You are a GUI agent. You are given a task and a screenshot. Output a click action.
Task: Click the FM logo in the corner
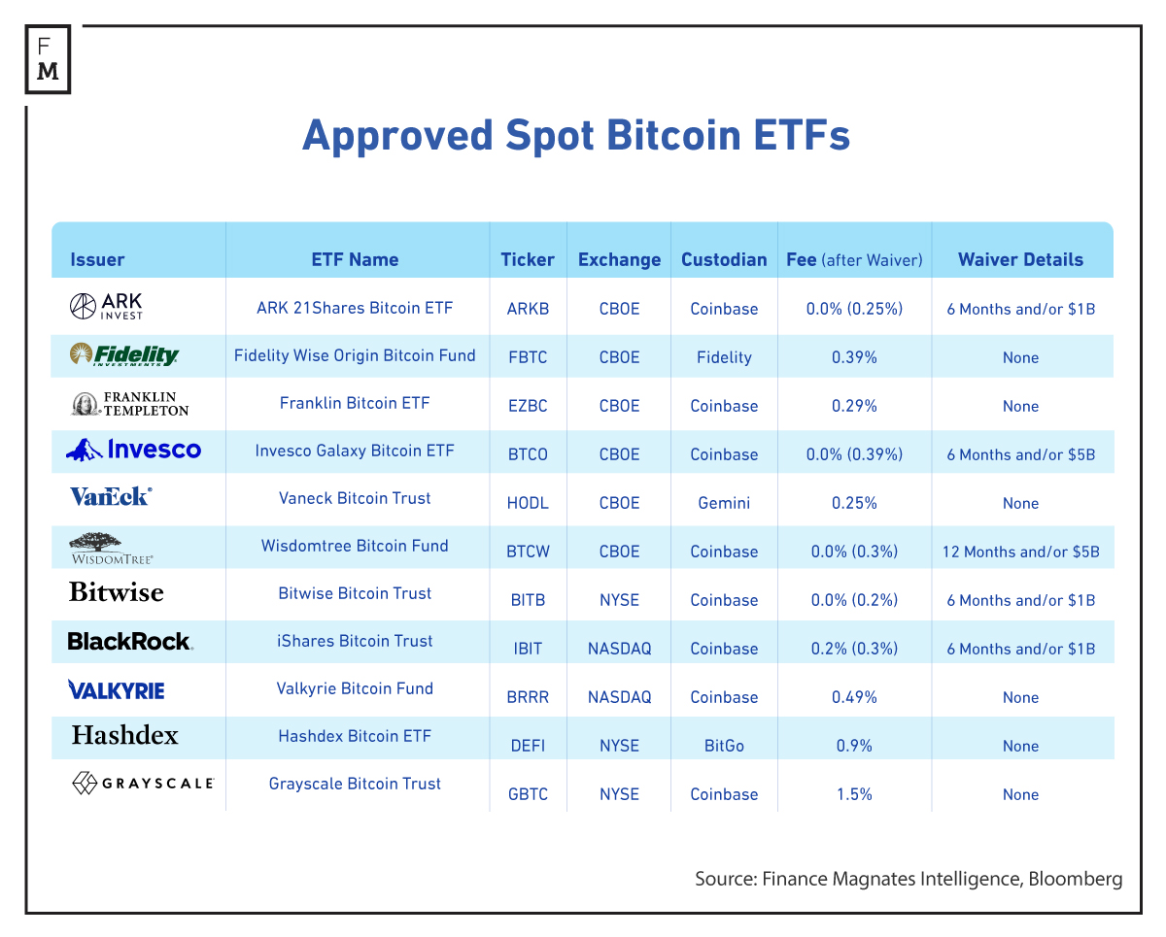pos(47,59)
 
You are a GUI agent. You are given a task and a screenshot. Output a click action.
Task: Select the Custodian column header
pos(724,259)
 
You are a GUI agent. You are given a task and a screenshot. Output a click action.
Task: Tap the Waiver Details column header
pos(1020,259)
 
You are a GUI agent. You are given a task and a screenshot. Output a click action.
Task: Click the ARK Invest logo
pos(106,307)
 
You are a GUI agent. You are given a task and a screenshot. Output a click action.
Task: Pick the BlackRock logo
pos(129,641)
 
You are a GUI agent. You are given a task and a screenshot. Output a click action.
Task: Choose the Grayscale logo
pos(142,783)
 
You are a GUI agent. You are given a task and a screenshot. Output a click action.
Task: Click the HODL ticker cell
pos(528,503)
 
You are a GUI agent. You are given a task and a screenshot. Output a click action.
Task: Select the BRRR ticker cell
pos(528,697)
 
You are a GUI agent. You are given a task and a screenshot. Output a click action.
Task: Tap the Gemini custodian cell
pos(724,503)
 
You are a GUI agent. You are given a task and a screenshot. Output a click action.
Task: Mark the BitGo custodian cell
pos(724,746)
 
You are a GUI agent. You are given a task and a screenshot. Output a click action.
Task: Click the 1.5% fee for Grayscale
pos(854,794)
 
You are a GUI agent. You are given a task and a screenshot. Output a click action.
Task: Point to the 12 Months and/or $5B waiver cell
pos(1020,552)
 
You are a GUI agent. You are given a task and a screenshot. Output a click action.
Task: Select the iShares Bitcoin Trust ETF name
pos(355,641)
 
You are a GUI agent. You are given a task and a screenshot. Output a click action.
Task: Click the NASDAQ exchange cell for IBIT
pos(619,649)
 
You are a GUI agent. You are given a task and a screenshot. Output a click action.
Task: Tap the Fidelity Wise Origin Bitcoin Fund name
pos(355,355)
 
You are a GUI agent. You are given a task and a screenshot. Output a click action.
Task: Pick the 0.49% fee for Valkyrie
pos(854,697)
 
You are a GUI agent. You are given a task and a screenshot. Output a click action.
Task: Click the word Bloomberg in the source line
pos(1074,879)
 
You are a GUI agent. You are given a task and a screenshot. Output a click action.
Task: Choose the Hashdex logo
pos(124,735)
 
